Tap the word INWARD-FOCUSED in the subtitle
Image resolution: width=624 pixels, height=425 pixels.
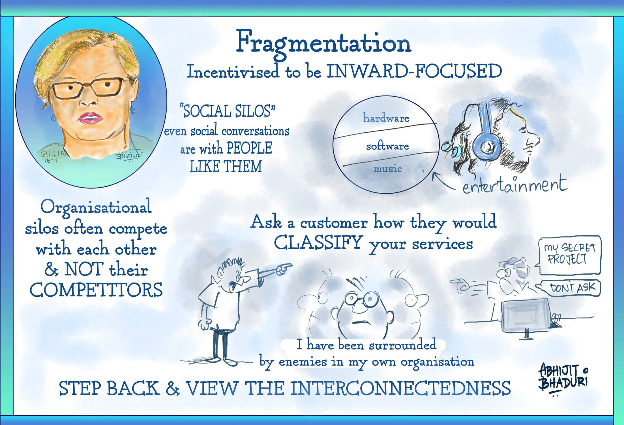[414, 71]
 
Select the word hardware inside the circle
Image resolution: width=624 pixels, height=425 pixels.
[386, 118]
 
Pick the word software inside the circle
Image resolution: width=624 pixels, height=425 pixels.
[387, 146]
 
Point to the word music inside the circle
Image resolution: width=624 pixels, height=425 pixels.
[387, 169]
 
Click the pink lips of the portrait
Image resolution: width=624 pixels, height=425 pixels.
[90, 118]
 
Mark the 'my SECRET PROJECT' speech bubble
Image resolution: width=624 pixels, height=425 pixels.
[570, 255]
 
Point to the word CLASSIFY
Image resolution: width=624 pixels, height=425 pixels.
[318, 243]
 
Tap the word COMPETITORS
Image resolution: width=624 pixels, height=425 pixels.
[96, 290]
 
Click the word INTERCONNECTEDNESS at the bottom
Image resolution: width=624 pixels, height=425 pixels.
[400, 388]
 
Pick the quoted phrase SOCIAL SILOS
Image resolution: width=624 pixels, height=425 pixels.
[227, 111]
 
